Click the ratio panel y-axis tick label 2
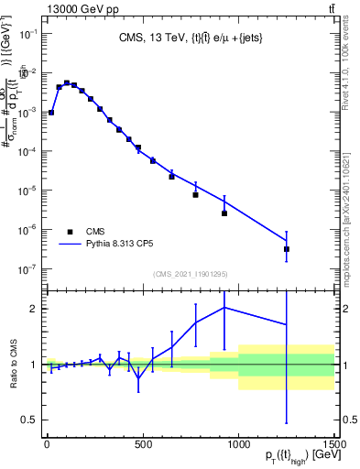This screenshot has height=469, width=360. [x=32, y=309]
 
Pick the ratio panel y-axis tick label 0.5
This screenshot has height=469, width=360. [x=27, y=420]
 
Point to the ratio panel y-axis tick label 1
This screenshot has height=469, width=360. [x=32, y=365]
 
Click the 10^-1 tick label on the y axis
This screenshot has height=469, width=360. [x=27, y=33]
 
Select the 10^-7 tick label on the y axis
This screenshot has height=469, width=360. [x=27, y=268]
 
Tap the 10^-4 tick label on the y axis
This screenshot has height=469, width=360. [x=27, y=151]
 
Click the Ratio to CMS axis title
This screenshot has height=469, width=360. [x=10, y=364]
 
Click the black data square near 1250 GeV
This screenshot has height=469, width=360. [x=287, y=248]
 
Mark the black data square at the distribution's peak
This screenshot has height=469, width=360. [x=66, y=82]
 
